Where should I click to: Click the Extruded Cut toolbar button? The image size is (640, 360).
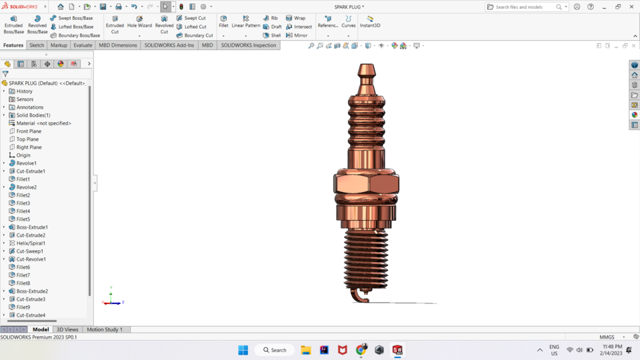pos(115,25)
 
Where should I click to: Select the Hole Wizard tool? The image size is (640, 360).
pos(139,22)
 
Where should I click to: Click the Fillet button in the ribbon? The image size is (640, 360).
pos(223,22)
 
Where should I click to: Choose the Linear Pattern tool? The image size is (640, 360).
pos(245,22)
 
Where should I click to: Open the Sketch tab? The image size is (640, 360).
pos(37,45)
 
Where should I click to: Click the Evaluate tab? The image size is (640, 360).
pos(83,45)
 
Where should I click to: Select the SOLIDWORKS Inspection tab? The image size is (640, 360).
pos(248,45)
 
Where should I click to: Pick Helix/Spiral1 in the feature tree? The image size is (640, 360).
pos(31,243)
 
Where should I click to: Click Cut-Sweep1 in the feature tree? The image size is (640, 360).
pos(29,251)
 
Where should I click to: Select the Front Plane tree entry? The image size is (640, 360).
pos(29,131)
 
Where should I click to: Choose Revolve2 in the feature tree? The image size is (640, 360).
pos(26,187)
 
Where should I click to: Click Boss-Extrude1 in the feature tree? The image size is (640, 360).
pos(32,227)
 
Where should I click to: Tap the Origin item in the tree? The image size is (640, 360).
pos(23,155)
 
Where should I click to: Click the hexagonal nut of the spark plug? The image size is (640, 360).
pos(366,183)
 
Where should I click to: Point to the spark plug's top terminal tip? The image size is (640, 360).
pos(366,69)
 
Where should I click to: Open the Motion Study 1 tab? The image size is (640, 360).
pos(105,329)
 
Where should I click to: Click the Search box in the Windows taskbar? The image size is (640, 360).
pos(275,350)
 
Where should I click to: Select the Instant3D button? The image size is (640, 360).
pos(370,22)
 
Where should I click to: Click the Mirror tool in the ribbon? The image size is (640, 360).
pos(297,35)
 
